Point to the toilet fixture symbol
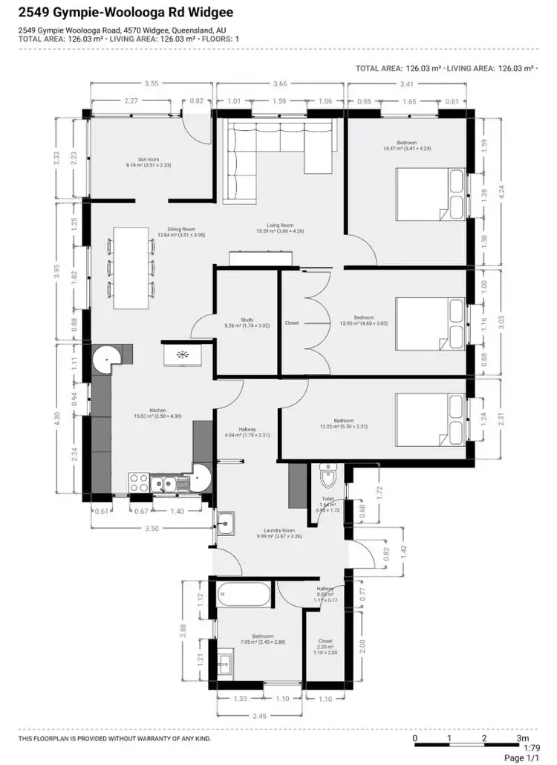tap(328, 474)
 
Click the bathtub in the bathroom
tap(245, 595)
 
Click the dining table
tap(132, 267)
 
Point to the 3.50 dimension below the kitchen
tap(152, 529)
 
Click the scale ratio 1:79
tap(531, 748)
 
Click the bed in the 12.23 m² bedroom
tap(430, 421)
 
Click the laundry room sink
tap(226, 523)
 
